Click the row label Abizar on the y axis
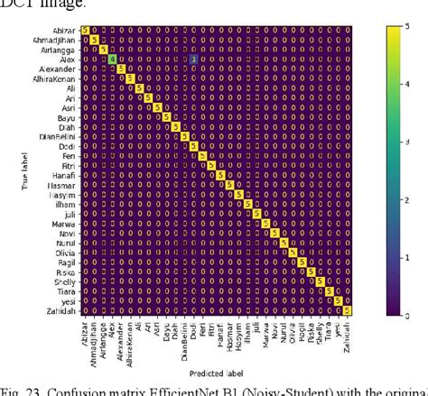coord(64,31)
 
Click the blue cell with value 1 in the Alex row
coord(193,59)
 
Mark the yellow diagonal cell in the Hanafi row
coord(220,175)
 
